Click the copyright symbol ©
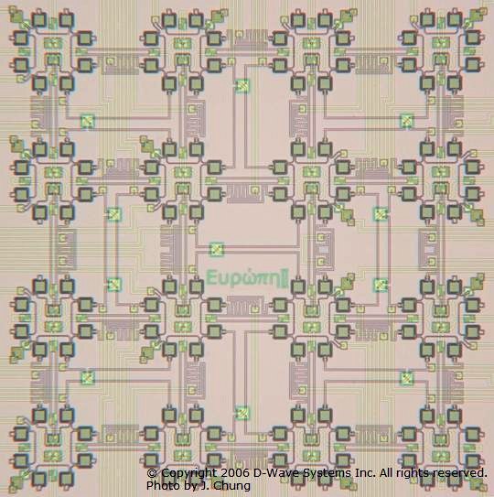coord(152,473)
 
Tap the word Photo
coord(161,485)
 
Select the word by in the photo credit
coord(187,486)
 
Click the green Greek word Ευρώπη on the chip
coord(242,277)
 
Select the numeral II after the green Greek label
coord(285,277)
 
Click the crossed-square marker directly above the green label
coord(217,249)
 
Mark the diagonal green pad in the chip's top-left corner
coord(16,16)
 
